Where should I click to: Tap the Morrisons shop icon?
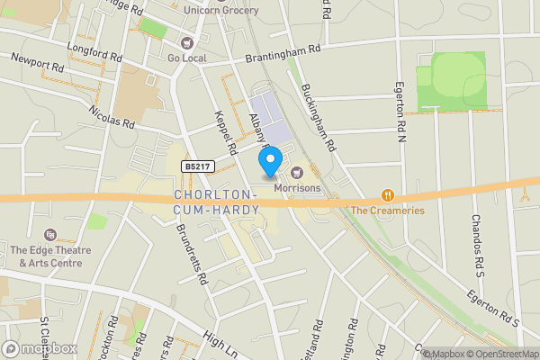tap(297, 172)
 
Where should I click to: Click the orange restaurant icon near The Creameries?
tap(388, 194)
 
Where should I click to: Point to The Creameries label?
tap(388, 211)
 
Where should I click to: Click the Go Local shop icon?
tap(187, 42)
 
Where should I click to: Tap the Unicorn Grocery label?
tap(220, 10)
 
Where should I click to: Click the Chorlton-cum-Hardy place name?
tap(216, 202)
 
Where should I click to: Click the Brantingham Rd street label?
tap(283, 55)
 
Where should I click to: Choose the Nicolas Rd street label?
tap(112, 115)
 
